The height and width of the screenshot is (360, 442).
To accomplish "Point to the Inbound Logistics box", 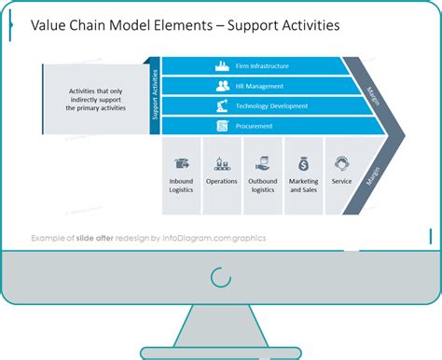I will pyautogui.click(x=181, y=176).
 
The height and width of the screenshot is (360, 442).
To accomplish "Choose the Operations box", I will pyautogui.click(x=222, y=176).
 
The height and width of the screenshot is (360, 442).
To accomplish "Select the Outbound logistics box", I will pyautogui.click(x=262, y=176).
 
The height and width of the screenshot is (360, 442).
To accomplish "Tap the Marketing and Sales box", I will pyautogui.click(x=303, y=176).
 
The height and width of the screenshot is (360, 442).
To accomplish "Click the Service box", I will pyautogui.click(x=342, y=176).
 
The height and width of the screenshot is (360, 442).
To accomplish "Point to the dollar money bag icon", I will pyautogui.click(x=303, y=162).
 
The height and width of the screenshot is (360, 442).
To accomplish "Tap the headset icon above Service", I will pyautogui.click(x=342, y=161).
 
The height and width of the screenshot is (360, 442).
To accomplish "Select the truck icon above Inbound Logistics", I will pyautogui.click(x=181, y=162).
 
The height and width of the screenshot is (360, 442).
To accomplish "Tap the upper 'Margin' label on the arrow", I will pyautogui.click(x=374, y=91).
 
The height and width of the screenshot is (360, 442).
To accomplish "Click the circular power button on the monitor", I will pyautogui.click(x=221, y=277).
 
